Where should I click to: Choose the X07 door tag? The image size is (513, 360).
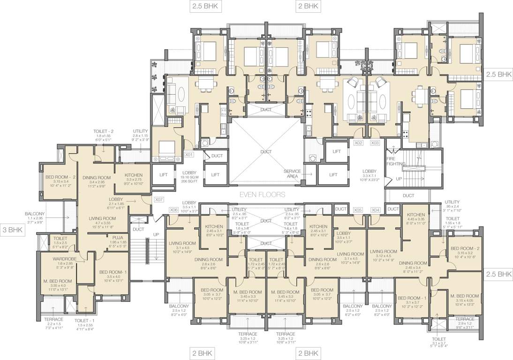[158, 200]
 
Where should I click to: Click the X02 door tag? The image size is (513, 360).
[359, 142]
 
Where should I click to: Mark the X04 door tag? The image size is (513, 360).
[375, 210]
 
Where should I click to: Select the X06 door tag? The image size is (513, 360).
[174, 210]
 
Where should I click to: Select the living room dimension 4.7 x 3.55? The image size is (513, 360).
[106, 224]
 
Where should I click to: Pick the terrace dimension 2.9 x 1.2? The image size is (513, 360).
[464, 324]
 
